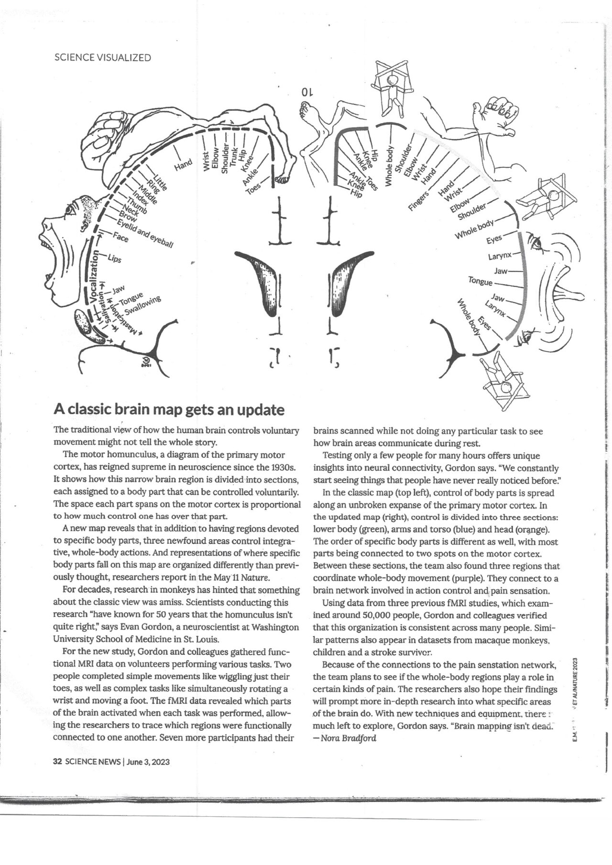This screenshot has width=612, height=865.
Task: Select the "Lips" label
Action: (115, 259)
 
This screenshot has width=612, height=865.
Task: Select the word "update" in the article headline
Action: (261, 410)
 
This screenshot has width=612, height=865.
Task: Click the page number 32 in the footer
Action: (57, 762)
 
